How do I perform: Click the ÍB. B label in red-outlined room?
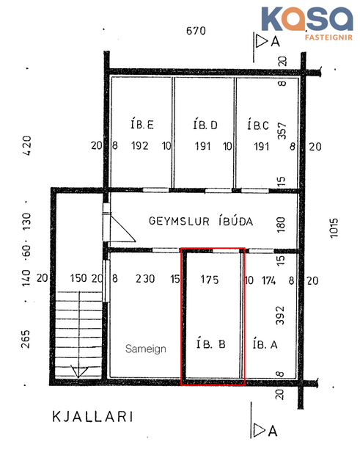[x=213, y=343]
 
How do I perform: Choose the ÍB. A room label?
[x=264, y=343]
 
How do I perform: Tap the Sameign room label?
[x=145, y=349]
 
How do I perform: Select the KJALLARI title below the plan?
[x=92, y=417]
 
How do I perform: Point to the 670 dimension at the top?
[x=196, y=31]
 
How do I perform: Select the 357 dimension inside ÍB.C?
[x=281, y=131]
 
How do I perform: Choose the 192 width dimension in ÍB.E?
[x=140, y=146]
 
